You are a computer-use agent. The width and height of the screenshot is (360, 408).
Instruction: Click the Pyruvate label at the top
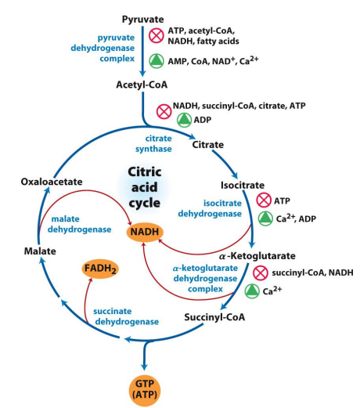tap(142, 20)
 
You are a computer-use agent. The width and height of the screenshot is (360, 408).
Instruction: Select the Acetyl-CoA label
tap(142, 85)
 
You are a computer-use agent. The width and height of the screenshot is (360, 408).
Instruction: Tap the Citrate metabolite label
tap(208, 145)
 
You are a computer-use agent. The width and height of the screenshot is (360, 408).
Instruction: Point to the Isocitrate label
tap(243, 186)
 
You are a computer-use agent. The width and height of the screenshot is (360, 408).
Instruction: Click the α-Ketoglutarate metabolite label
tap(257, 256)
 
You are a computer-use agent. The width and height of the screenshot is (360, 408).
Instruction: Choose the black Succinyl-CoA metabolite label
tap(214, 317)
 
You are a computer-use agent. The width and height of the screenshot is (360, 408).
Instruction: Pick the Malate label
tap(40, 251)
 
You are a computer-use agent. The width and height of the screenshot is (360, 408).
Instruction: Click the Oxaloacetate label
tap(52, 182)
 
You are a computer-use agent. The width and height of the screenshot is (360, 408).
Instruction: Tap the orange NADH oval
tap(145, 232)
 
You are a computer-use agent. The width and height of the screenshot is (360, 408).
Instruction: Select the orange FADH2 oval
tap(100, 269)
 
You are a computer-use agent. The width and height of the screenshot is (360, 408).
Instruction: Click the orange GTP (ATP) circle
tap(145, 390)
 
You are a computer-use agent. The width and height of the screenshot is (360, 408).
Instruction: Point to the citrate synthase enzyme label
tap(153, 143)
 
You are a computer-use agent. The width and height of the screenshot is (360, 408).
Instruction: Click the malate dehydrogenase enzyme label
tap(79, 224)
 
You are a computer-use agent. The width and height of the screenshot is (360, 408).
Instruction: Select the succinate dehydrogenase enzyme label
tap(126, 316)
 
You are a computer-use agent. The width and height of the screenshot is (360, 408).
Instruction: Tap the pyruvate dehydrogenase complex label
tap(103, 48)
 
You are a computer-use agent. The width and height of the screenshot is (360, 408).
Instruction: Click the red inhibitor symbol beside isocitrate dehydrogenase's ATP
tap(264, 200)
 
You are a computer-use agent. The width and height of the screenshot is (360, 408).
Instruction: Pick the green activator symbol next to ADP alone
tap(185, 120)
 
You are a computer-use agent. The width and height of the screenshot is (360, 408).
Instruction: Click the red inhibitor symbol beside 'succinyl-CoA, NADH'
tap(261, 273)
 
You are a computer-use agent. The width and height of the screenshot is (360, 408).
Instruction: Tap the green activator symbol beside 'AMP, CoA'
tap(157, 61)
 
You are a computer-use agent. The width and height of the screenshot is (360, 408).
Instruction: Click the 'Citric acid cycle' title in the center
tap(145, 187)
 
